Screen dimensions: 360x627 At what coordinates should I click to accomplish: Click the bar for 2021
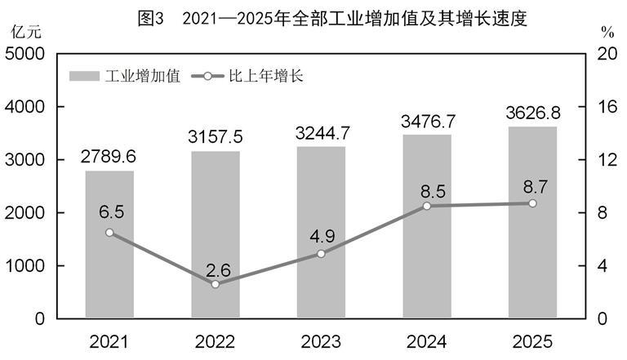click(109, 244)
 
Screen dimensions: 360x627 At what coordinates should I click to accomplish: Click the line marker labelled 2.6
click(215, 284)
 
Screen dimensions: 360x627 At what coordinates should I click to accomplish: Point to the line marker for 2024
click(426, 206)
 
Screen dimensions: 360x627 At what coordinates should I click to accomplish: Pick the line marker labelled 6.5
click(109, 233)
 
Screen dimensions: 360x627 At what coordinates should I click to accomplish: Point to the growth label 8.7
click(532, 182)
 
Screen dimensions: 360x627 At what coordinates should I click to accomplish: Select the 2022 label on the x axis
click(215, 341)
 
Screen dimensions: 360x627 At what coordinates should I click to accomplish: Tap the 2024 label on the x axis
click(426, 341)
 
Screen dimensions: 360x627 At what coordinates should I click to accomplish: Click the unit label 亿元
click(24, 33)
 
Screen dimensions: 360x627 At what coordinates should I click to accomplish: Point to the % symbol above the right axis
click(607, 33)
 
